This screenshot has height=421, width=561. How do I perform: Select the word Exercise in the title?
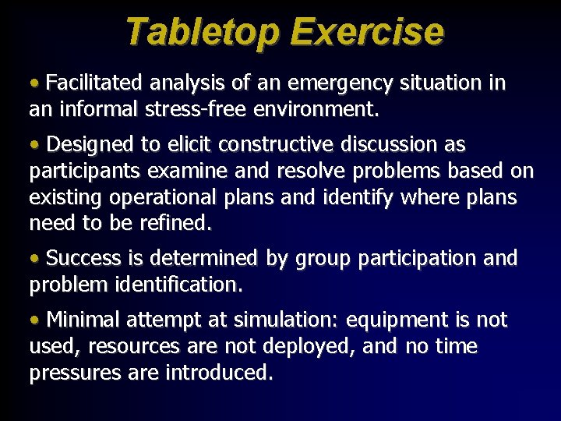366,32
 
